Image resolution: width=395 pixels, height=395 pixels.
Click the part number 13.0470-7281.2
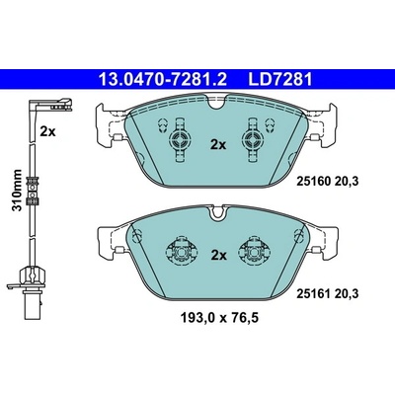click(x=163, y=79)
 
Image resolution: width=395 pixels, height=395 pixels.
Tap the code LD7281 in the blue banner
click(x=280, y=79)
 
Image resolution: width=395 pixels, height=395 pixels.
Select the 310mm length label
click(x=17, y=191)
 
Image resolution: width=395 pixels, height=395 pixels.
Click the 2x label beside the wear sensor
click(x=48, y=132)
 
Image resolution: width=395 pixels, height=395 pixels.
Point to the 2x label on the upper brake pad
click(x=218, y=144)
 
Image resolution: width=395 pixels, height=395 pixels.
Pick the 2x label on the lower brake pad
click(x=218, y=255)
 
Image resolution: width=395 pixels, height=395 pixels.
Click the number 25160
click(x=313, y=181)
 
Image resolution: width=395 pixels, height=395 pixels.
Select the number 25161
click(x=313, y=293)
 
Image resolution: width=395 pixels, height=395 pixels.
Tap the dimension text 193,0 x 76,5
click(x=219, y=318)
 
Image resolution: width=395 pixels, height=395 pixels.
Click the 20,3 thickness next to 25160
click(x=346, y=181)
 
